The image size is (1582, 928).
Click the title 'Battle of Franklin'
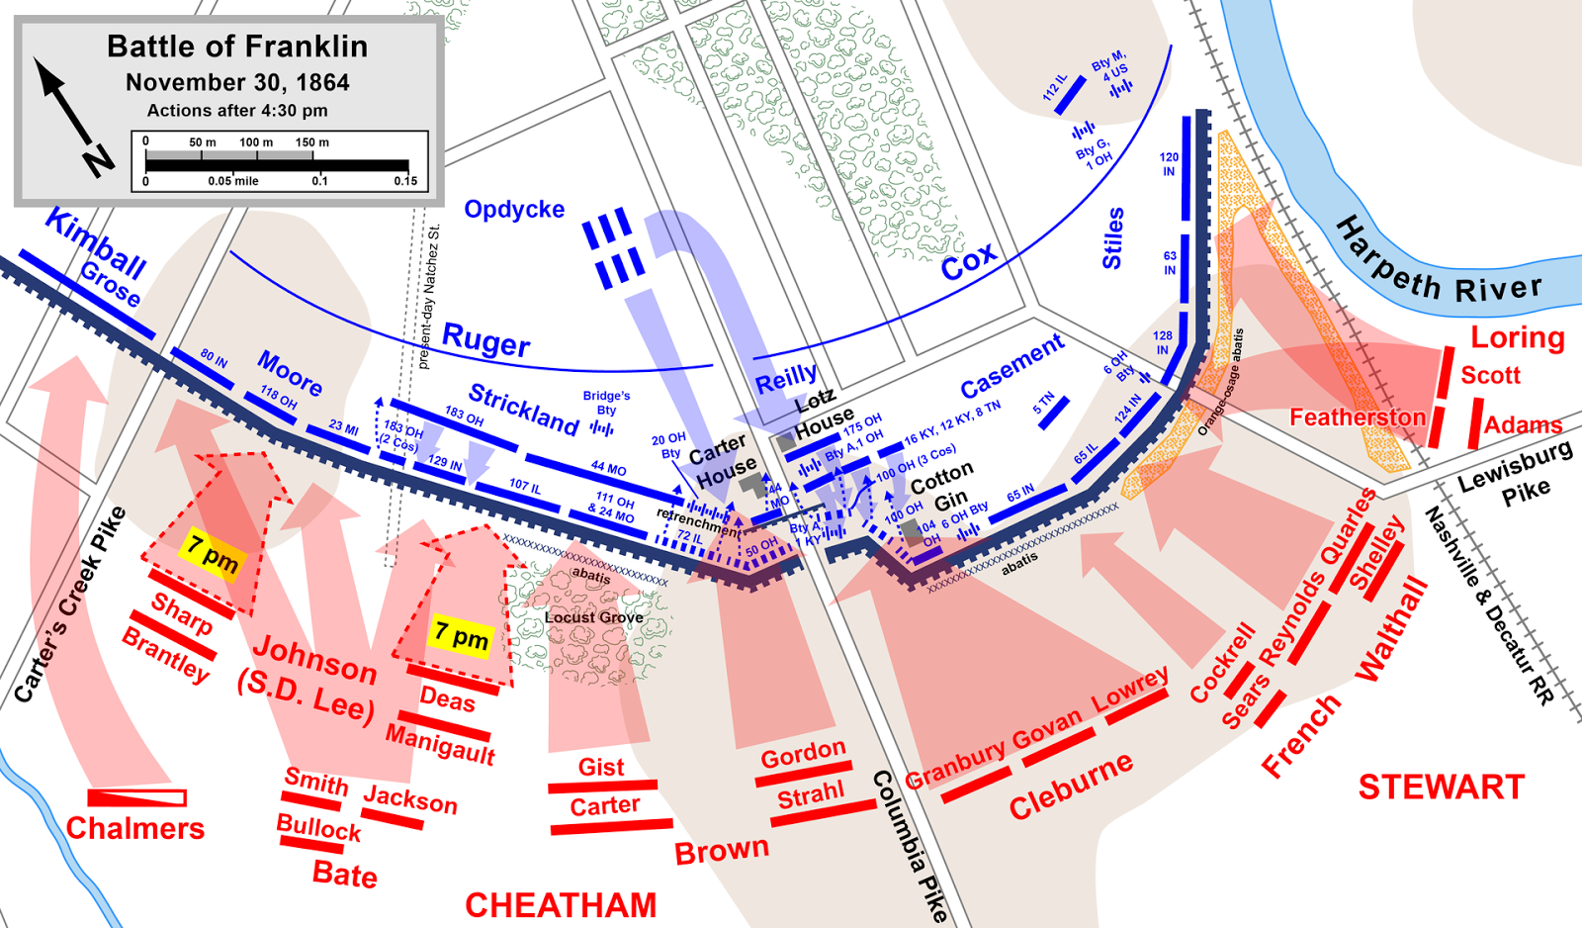237,46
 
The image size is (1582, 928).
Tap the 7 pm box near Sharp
213,553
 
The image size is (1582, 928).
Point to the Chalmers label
135,828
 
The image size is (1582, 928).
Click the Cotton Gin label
942,487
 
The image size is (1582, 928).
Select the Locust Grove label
593,617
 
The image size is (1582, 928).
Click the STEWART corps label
1441,788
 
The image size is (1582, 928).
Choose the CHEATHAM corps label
561,905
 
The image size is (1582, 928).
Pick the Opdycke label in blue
514,210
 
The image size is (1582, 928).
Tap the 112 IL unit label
1054,87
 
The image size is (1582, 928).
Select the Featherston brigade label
1357,418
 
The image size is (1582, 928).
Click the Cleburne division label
1071,787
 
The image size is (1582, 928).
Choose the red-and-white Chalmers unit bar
136,797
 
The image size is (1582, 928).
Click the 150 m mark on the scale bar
312,142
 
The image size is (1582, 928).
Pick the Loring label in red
1517,337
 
